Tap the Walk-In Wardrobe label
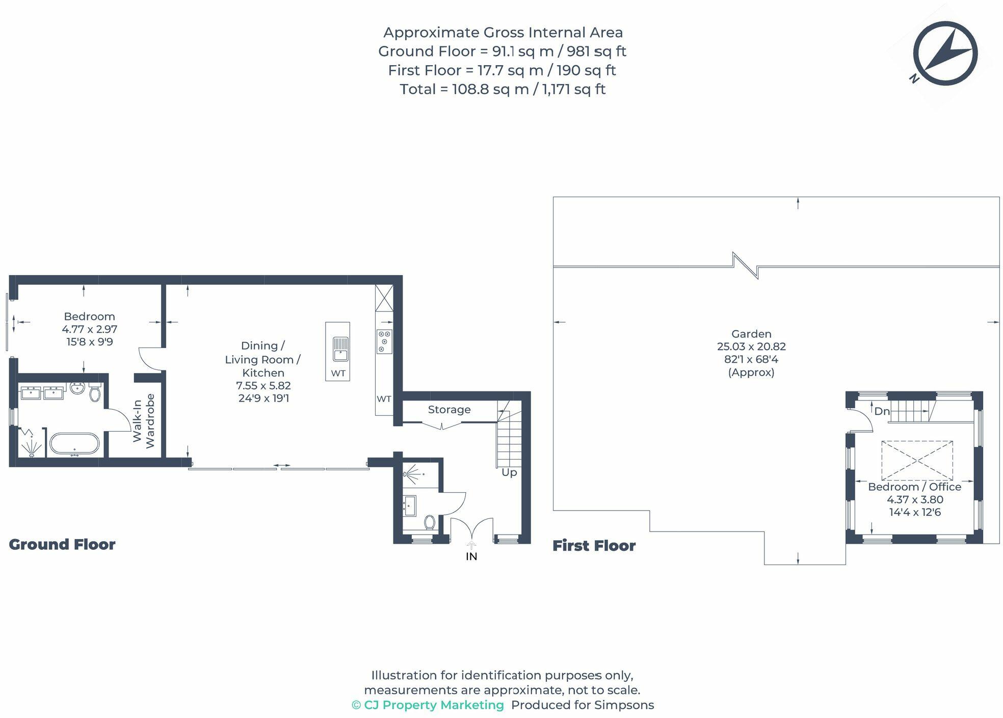143,421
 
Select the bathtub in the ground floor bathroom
74,444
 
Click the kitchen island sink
340,349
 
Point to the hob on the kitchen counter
384,341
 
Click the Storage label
449,410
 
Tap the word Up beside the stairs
509,472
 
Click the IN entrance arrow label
471,556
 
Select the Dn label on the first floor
882,411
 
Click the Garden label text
751,334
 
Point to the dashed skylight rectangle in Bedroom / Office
917,461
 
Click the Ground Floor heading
62,545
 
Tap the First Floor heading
594,546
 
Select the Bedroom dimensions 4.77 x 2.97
90,329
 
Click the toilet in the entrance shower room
429,522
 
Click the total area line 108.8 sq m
502,89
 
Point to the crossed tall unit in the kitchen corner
384,298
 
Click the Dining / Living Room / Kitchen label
263,359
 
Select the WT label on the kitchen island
338,374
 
